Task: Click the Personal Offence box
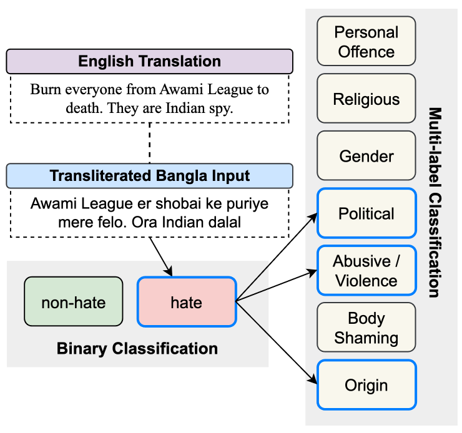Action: coord(366,41)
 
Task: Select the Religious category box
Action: coord(366,99)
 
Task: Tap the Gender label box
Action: coord(366,156)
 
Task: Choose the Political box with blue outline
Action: coord(366,214)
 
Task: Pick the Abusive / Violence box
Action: coord(366,271)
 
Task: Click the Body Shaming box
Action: coord(366,328)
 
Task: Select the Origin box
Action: coord(366,386)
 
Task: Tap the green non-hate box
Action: coord(73,303)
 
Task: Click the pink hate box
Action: coord(186,303)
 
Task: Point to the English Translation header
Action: coord(149,62)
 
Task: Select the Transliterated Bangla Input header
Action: coord(149,176)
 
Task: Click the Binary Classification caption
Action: coord(137,348)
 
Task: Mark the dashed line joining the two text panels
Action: coord(149,144)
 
